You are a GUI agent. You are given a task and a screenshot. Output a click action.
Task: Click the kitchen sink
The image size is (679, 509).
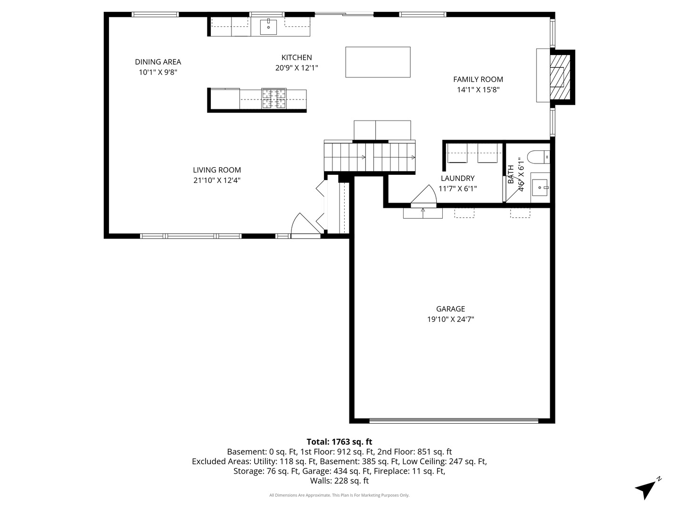click(268, 26)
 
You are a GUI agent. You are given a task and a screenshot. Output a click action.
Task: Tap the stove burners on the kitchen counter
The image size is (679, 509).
click(274, 99)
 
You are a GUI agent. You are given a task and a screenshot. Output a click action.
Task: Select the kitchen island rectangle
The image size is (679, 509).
click(378, 62)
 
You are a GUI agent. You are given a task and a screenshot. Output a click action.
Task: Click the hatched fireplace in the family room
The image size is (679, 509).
click(560, 77)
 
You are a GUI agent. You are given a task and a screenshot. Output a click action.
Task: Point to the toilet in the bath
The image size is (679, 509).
click(538, 157)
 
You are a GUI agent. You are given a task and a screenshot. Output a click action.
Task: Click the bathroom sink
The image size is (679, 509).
click(540, 188)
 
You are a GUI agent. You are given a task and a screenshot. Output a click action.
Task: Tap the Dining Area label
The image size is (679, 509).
click(158, 62)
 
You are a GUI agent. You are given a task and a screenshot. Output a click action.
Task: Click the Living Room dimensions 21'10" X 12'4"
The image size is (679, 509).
click(217, 180)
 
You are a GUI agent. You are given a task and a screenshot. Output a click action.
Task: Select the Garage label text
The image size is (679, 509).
click(450, 309)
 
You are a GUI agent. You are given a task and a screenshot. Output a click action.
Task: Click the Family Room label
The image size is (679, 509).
click(478, 80)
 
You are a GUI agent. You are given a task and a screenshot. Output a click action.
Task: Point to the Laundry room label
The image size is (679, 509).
click(457, 178)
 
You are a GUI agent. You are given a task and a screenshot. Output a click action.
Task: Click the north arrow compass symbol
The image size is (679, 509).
click(647, 488)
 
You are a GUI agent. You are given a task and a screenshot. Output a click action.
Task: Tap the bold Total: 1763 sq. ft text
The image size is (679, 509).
click(339, 442)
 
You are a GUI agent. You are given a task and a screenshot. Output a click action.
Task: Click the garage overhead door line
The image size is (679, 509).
click(454, 420)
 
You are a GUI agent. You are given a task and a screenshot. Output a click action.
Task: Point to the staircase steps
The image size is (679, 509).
click(369, 157)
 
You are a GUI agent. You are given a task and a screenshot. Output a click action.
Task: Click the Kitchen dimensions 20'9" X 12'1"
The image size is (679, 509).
click(297, 68)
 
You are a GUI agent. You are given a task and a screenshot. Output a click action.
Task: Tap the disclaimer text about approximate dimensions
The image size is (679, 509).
click(339, 495)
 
